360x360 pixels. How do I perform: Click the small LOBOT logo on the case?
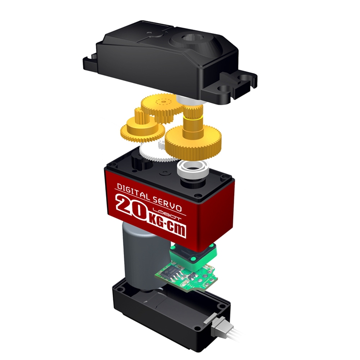pyautogui.click(x=167, y=214)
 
